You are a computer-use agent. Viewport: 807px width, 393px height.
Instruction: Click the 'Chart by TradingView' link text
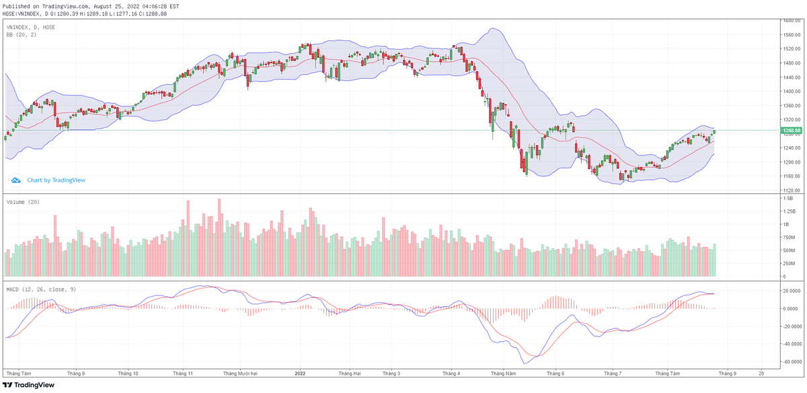coord(56,180)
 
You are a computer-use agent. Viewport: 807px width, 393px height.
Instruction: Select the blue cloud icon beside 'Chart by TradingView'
coord(16,180)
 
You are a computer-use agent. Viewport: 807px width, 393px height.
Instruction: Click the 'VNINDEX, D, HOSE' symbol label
coord(31,27)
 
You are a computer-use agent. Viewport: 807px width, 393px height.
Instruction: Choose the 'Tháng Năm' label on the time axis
coord(503,372)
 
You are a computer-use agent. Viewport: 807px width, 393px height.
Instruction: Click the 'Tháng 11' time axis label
coord(183,372)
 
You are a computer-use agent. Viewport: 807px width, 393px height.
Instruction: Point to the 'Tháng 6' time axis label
coord(555,372)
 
